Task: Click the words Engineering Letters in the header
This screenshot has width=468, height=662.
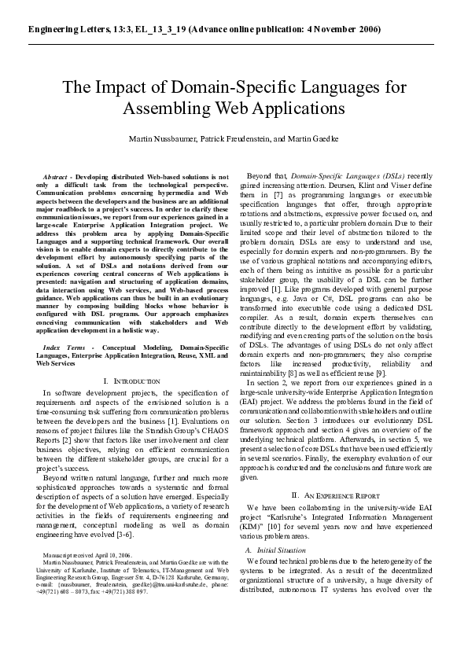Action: tap(63, 29)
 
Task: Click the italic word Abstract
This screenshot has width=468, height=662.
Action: tap(56, 178)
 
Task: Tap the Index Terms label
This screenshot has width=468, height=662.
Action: tap(61, 346)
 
